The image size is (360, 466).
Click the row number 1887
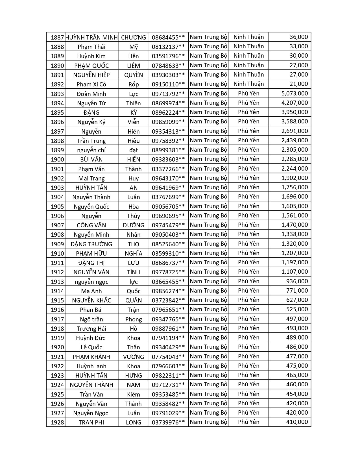(x=57, y=37)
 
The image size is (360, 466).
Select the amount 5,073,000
(x=294, y=93)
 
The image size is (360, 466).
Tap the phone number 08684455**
(x=168, y=37)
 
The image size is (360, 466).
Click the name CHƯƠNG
(x=133, y=37)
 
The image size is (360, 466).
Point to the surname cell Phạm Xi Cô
(x=91, y=84)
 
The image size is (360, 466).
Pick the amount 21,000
(x=298, y=84)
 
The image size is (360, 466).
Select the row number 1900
(x=57, y=159)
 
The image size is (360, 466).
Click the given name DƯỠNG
(x=133, y=225)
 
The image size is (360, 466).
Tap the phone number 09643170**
(x=168, y=178)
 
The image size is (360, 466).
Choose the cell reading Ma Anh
(x=91, y=291)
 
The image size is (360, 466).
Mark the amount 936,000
(x=297, y=281)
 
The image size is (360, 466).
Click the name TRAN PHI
(x=91, y=422)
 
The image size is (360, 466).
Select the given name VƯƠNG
(x=133, y=357)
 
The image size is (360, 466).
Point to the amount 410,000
(x=297, y=422)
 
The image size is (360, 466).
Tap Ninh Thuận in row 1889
(x=248, y=56)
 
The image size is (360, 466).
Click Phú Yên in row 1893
(x=248, y=93)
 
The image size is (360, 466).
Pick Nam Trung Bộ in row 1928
(x=208, y=422)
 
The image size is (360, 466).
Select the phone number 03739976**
(x=168, y=422)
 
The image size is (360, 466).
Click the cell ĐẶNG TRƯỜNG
(x=91, y=244)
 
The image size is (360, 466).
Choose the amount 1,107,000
(x=294, y=272)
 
